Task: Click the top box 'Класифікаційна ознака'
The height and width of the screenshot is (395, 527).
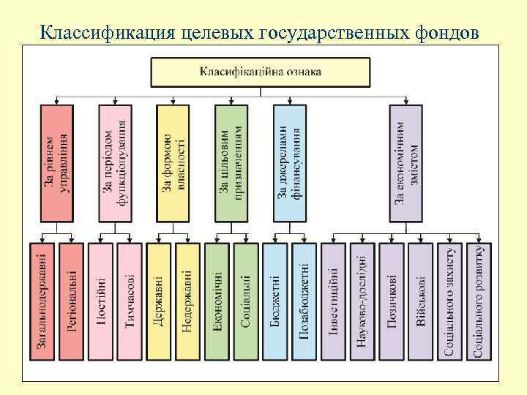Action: [x=261, y=72]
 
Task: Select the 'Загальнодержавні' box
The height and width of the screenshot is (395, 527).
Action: [x=43, y=301]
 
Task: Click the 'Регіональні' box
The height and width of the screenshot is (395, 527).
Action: [x=72, y=301]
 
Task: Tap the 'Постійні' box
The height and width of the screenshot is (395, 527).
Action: [x=101, y=301]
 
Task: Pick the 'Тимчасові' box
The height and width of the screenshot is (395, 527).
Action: [x=130, y=301]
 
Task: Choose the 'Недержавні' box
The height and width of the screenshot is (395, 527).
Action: [x=187, y=301]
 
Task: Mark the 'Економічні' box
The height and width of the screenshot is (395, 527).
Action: [x=217, y=301]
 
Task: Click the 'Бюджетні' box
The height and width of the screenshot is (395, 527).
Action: [x=275, y=301]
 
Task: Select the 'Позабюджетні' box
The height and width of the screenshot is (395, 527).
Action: [x=304, y=301]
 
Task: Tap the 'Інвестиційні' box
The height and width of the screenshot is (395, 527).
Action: [x=334, y=301]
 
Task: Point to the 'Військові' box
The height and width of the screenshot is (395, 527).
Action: [x=421, y=301]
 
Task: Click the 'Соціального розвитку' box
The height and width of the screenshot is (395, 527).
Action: [x=478, y=301]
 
